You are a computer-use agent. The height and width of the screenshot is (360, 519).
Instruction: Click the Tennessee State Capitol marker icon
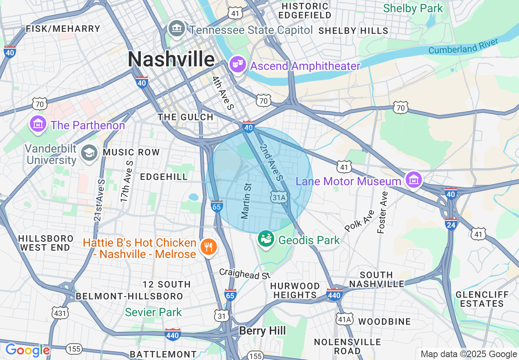[x=177, y=29]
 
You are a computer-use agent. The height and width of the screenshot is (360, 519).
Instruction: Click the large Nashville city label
[x=171, y=59]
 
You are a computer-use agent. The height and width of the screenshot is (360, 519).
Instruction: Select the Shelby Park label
[x=413, y=9]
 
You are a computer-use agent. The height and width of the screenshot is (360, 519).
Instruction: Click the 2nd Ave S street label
[x=271, y=162]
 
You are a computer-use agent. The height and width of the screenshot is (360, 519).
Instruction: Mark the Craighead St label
[x=245, y=274]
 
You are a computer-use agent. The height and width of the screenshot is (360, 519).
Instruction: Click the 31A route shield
[x=280, y=198]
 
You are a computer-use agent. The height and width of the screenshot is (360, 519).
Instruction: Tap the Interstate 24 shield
[x=451, y=224]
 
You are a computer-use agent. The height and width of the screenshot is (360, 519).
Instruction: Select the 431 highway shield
[x=60, y=313]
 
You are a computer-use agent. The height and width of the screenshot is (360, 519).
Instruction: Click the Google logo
[x=27, y=350]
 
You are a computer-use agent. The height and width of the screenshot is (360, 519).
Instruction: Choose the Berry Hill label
[x=262, y=331]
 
